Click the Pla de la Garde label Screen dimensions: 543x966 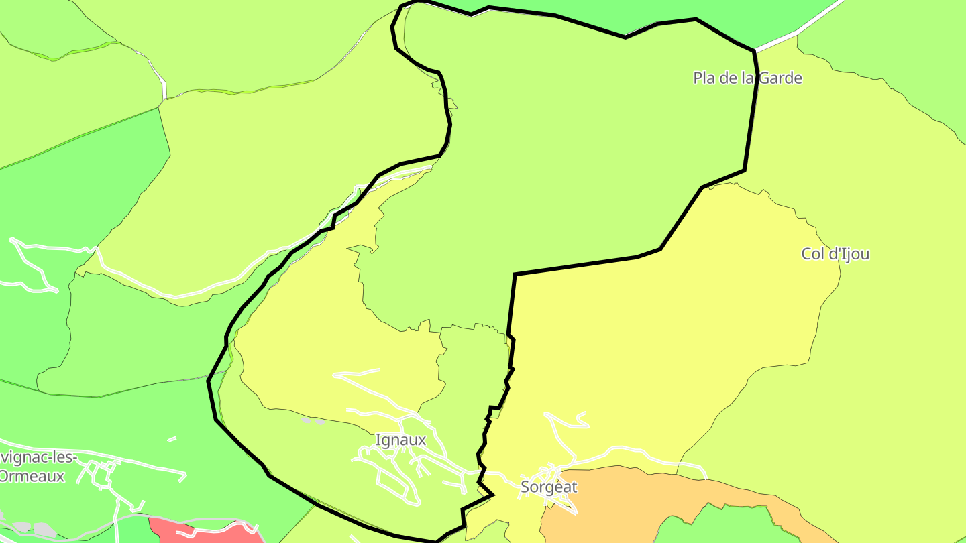coord(747,78)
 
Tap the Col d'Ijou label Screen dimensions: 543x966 coord(835,254)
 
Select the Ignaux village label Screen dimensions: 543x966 coord(400,440)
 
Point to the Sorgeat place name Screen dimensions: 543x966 coord(549,487)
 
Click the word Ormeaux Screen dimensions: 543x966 coord(32,477)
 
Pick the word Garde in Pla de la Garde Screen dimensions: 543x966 coord(782,78)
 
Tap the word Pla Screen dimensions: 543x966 coord(704,78)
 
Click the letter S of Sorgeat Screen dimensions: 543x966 coord(525,487)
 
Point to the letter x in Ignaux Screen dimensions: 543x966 coord(421,440)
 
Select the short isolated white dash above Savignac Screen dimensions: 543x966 coord(172,439)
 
